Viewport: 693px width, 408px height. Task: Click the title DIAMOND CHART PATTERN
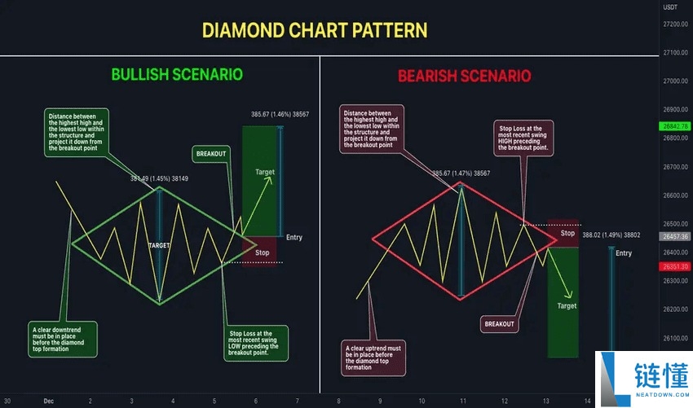coord(314,31)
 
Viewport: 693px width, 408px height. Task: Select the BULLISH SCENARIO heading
coord(177,74)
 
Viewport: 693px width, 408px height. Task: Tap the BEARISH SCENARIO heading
coord(464,76)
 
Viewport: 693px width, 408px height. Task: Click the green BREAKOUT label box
coord(211,152)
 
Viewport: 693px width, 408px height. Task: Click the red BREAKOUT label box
coord(499,323)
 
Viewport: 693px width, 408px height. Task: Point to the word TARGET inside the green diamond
coord(159,244)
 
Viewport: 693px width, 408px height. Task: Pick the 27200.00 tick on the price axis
coord(675,24)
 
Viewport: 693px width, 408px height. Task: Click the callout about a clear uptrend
coord(373,357)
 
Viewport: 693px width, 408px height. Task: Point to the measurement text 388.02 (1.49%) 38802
coord(611,235)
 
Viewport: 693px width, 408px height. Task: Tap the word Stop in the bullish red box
coord(262,252)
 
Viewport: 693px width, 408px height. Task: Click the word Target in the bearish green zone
coord(567,305)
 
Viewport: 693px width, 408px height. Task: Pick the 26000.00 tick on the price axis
coord(675,366)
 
